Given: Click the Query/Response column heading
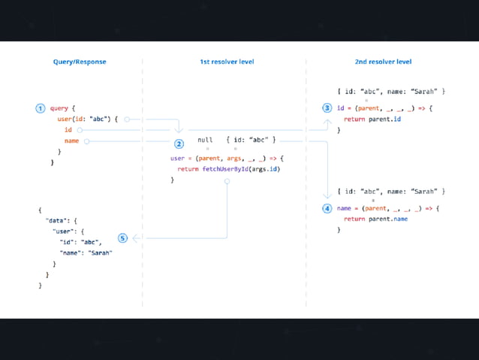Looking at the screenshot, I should [80, 62].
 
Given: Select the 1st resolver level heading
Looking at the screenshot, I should [226, 62].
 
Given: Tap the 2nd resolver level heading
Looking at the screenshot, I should [383, 62].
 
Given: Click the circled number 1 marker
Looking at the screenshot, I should [41, 108].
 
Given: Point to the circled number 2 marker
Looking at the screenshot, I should [179, 144].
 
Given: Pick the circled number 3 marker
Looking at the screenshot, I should [327, 108].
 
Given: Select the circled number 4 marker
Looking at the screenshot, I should [327, 208].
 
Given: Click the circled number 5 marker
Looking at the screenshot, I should [123, 238].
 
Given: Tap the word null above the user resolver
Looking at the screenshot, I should [205, 140].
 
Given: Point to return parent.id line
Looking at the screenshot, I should [372, 119].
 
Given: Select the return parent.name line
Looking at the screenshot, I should [376, 219].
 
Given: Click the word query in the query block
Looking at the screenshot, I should [59, 108].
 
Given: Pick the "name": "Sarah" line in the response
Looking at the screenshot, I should [86, 253].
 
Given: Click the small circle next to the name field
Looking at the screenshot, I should [86, 141].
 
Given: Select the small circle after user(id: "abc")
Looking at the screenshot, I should [127, 119].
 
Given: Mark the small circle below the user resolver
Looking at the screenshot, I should [227, 181].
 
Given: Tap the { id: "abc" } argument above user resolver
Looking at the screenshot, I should [251, 140].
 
